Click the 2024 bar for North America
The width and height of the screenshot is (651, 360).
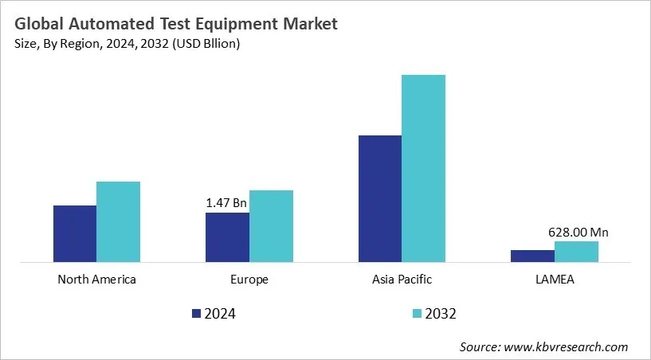[x=75, y=233]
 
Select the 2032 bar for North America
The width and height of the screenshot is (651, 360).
[x=118, y=221]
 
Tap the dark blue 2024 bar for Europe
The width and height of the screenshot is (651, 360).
[x=227, y=237]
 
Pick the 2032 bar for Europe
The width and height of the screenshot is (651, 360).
[x=271, y=225]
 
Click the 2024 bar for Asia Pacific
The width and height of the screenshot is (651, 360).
[x=380, y=198]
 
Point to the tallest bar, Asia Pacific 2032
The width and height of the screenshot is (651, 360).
[x=423, y=168]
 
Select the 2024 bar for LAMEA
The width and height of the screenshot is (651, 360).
[x=532, y=256]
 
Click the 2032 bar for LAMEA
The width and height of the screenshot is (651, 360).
[x=576, y=251]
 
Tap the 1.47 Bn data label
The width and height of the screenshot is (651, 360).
[x=226, y=204]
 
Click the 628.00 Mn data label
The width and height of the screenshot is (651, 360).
[x=578, y=233]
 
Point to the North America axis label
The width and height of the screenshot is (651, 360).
[x=97, y=280]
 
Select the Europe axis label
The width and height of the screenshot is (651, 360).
[x=249, y=280]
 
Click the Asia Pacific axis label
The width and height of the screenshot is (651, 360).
[x=402, y=280]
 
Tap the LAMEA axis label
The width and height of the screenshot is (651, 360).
[x=555, y=280]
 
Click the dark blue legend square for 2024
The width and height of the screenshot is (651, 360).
[x=196, y=314]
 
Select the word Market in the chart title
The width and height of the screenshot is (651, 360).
[x=308, y=24]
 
